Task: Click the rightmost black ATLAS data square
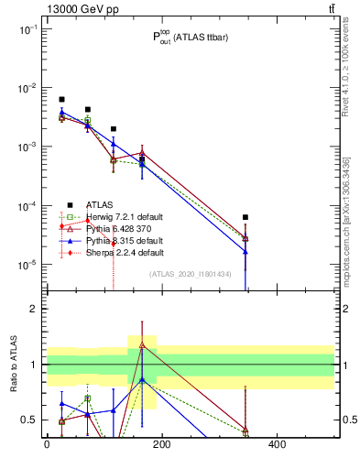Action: (245, 217)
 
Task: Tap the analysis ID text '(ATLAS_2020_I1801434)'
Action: (189, 274)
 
